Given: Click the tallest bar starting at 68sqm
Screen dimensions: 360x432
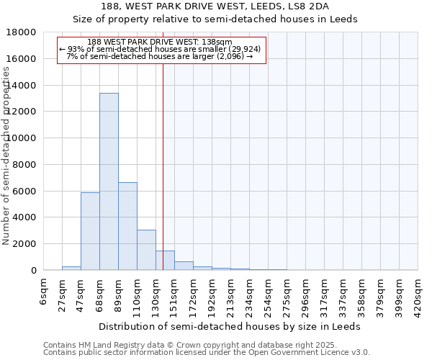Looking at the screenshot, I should click(x=109, y=181).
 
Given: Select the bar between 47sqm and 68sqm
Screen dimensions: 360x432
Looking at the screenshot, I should click(x=90, y=231).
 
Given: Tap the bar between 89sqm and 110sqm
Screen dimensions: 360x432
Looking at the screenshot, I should click(x=127, y=226).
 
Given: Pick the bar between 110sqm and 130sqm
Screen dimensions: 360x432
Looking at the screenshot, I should click(x=146, y=250).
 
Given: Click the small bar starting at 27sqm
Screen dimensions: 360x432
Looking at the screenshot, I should click(x=71, y=268).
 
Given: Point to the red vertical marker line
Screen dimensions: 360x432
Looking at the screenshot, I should click(x=163, y=158).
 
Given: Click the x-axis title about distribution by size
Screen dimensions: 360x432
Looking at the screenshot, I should click(x=230, y=326).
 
